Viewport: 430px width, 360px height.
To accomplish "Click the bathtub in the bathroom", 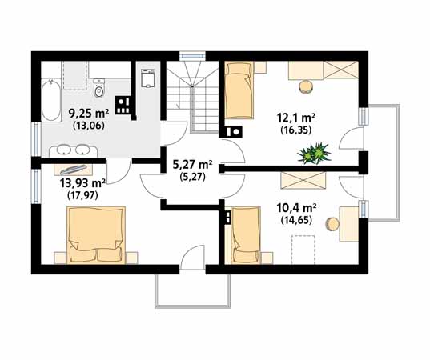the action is click(x=50, y=100).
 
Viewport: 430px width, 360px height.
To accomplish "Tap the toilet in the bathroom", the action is click(x=99, y=88).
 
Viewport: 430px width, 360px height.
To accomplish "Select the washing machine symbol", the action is click(x=148, y=78).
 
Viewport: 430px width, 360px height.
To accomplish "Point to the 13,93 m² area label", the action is click(x=82, y=183).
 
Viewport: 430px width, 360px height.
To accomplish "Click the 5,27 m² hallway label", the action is click(x=192, y=164).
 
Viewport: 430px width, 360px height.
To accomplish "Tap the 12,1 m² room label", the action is click(x=296, y=118).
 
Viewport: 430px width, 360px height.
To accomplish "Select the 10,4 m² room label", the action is click(x=297, y=208).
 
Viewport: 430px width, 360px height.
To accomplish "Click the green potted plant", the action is click(x=314, y=154).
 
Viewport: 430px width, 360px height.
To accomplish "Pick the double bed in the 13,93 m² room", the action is click(x=96, y=235).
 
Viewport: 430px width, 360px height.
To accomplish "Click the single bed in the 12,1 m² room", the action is click(x=239, y=90).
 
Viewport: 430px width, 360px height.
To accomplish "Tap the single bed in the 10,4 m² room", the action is click(x=246, y=235).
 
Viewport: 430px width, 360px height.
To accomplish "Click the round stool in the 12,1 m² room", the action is click(x=307, y=86).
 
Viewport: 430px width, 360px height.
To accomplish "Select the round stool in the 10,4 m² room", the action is click(x=332, y=225).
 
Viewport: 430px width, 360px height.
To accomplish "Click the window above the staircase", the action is click(x=192, y=56).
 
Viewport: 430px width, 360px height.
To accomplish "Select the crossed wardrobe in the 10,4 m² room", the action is click(x=303, y=181).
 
